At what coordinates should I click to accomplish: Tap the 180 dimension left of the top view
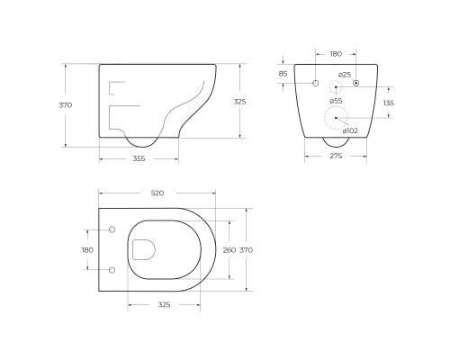coord(87,250)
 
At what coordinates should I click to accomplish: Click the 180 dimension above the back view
coord(336,54)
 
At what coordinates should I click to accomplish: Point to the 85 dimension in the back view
coord(283,74)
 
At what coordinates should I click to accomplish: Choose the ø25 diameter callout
coord(345,75)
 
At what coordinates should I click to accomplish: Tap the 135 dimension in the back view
coord(388,103)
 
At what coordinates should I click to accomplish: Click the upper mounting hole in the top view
coord(112,231)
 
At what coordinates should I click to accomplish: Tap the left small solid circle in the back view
coord(315,84)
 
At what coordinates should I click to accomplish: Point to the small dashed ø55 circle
coord(335,87)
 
